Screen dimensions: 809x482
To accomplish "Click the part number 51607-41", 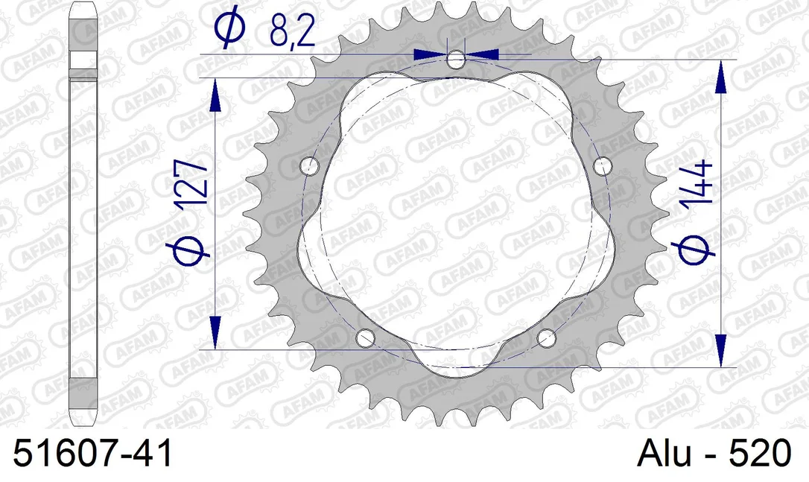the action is point(92,454).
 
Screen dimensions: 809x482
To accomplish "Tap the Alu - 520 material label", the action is point(714,454).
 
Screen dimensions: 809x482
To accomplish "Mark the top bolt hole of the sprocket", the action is point(456,60).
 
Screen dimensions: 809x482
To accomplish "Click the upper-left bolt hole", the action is point(310,166).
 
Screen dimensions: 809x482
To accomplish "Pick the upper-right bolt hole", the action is point(602,166).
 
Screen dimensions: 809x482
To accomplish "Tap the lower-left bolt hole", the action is point(365,338).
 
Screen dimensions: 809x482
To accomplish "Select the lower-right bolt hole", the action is point(546,338).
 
